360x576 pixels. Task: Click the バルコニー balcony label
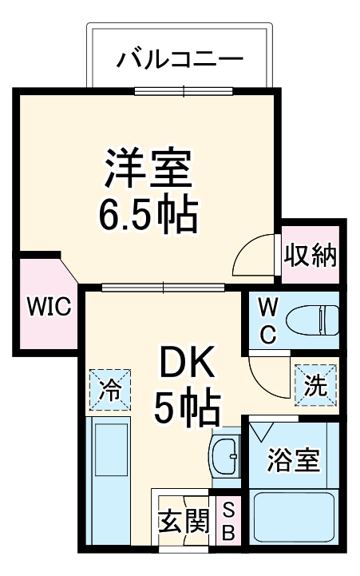[x=180, y=60]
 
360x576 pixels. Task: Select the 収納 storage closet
[x=311, y=256]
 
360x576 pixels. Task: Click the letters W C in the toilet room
[x=268, y=320]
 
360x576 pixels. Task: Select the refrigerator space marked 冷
[x=111, y=390]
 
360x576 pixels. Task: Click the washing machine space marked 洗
[x=315, y=385]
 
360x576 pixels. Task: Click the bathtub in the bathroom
[x=293, y=518]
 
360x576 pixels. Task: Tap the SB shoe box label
[x=228, y=522]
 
